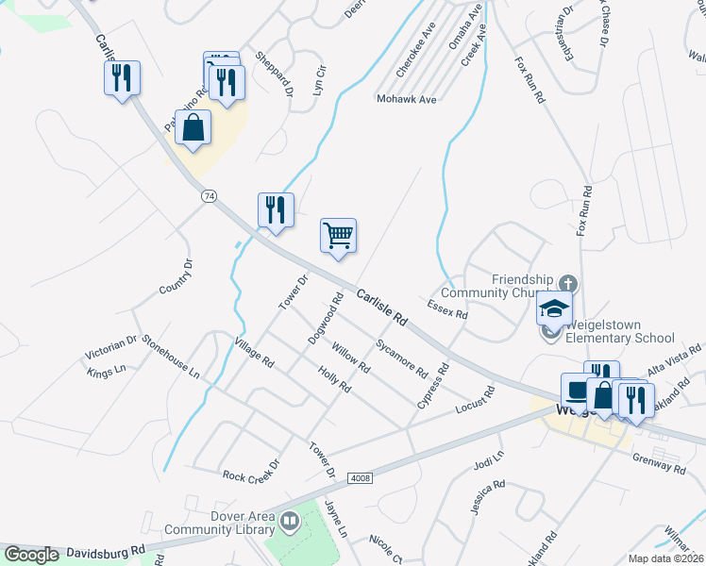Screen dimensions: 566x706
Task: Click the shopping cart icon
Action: coord(338,235)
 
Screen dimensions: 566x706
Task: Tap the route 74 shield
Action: coord(210,195)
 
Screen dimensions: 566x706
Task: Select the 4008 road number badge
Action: coord(360,479)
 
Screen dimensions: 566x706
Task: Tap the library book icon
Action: coord(290,520)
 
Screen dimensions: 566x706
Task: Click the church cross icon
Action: coord(568,282)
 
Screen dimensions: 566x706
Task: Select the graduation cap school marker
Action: coord(554,308)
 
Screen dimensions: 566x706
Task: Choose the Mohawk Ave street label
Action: coord(406,98)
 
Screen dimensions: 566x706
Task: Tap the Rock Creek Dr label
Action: coord(252,472)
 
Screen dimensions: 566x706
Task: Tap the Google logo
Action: coord(31,555)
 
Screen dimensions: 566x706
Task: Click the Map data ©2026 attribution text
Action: coord(666,558)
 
